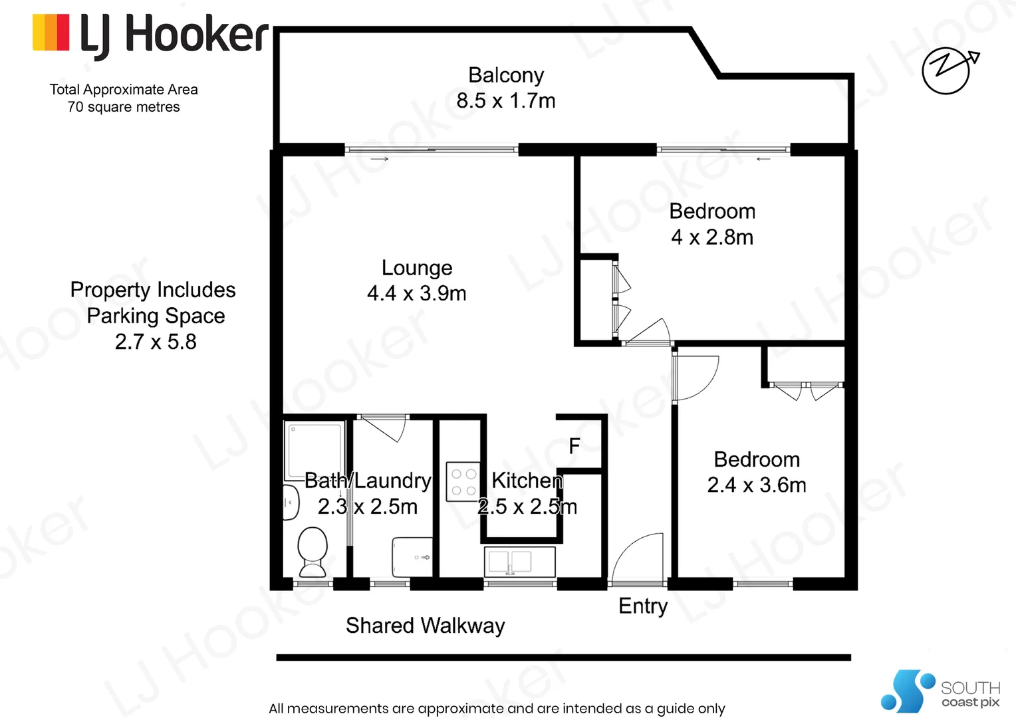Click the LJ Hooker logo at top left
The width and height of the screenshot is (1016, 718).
pos(150,35)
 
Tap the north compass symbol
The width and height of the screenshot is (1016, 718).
pos(947,69)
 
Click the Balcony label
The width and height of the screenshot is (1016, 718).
pos(505,75)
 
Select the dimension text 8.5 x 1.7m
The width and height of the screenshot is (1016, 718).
pos(505,101)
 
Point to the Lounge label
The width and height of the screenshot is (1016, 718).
pos(417,268)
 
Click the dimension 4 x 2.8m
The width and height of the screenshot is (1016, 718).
pos(712,237)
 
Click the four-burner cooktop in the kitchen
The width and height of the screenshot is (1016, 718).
pos(463,482)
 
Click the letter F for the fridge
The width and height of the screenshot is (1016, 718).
pos(574,446)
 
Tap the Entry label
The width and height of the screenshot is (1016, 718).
pos(642,606)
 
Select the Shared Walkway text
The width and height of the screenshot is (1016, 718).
pos(425,626)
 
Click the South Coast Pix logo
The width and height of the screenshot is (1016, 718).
pos(940,691)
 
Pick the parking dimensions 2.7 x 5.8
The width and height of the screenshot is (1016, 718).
pos(156,342)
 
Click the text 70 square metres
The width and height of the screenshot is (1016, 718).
pos(124,107)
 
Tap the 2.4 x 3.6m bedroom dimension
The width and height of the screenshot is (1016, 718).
pos(757,485)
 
